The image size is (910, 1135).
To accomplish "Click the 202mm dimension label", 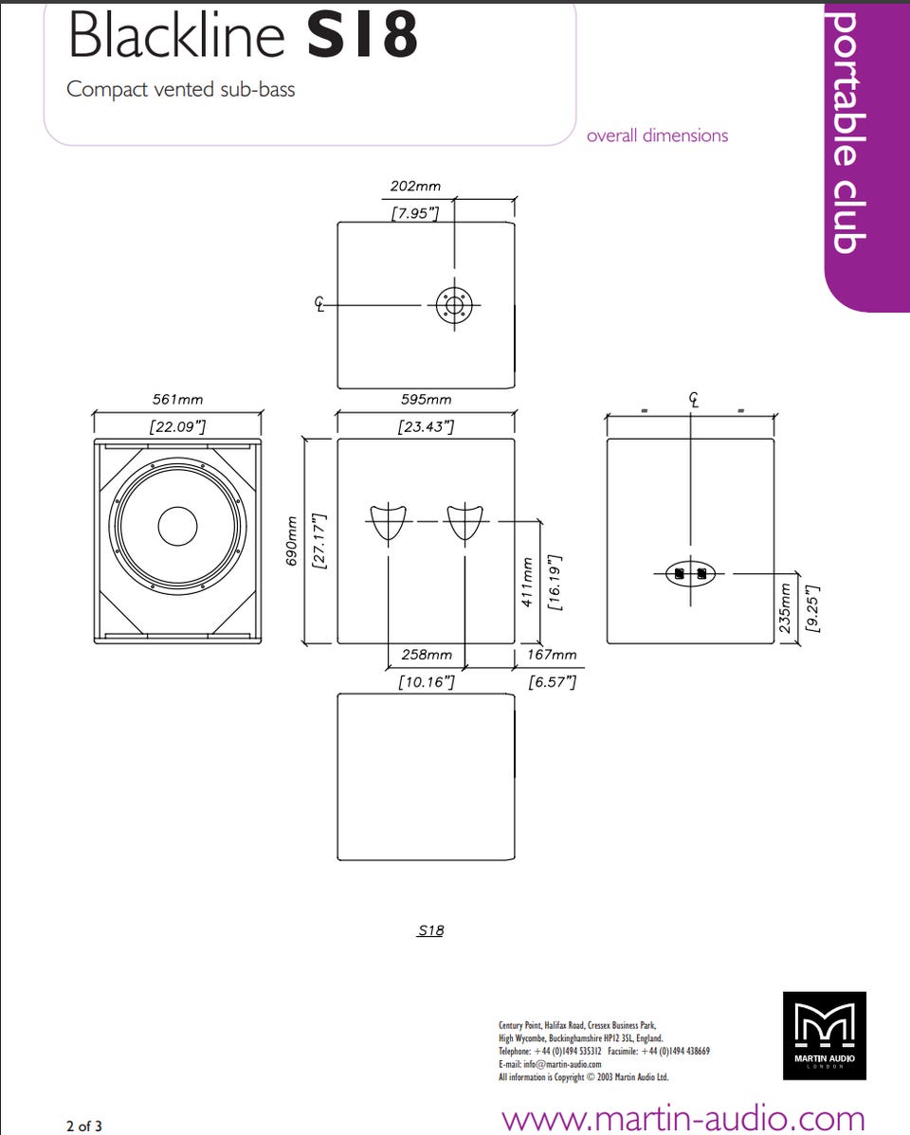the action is [415, 186].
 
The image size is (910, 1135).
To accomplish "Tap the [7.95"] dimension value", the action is [415, 213].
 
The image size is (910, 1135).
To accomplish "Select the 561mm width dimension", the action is [177, 399].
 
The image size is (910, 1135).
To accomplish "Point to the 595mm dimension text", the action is [426, 399].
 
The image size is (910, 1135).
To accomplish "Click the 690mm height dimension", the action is [291, 541].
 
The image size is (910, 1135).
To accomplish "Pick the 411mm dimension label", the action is [527, 582].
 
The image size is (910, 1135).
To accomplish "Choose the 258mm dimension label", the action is [427, 655].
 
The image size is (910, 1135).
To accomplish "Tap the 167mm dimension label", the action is [552, 655].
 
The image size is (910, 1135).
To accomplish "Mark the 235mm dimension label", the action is [785, 609].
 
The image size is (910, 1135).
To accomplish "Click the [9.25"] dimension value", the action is [812, 609].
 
